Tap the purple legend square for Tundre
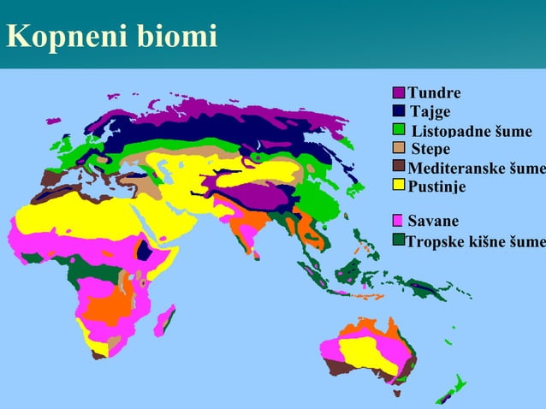click(399, 93)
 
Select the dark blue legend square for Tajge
click(399, 111)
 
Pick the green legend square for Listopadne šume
click(399, 130)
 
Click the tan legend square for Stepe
click(399, 148)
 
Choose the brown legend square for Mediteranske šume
click(399, 166)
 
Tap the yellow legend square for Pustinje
click(399, 184)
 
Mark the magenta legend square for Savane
click(399, 221)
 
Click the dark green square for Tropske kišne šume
click(399, 240)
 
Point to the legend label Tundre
click(434, 93)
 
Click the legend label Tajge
click(430, 112)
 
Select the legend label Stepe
click(430, 149)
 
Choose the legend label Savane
click(433, 222)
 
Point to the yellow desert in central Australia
click(365, 351)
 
